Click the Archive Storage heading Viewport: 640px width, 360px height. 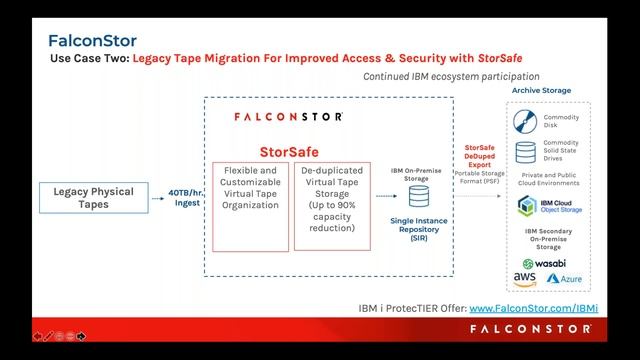541,91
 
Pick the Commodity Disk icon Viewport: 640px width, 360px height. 525,123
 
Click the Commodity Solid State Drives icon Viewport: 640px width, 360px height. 525,153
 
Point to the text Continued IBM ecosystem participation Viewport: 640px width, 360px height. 451,76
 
